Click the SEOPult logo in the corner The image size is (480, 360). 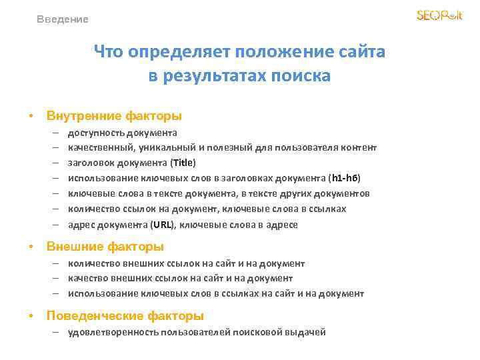(x=439, y=15)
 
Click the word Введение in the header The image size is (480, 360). (x=63, y=19)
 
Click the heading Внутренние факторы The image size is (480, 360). (x=114, y=116)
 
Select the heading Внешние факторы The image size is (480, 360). (x=105, y=247)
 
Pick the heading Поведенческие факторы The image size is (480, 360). (x=125, y=315)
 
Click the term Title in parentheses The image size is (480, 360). (x=183, y=163)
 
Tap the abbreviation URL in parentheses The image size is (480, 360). (x=164, y=225)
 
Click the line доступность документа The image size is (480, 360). (x=123, y=132)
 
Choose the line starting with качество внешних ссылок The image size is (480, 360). (x=180, y=278)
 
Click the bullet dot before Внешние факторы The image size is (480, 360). (x=31, y=247)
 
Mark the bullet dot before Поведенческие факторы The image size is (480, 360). (x=31, y=316)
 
